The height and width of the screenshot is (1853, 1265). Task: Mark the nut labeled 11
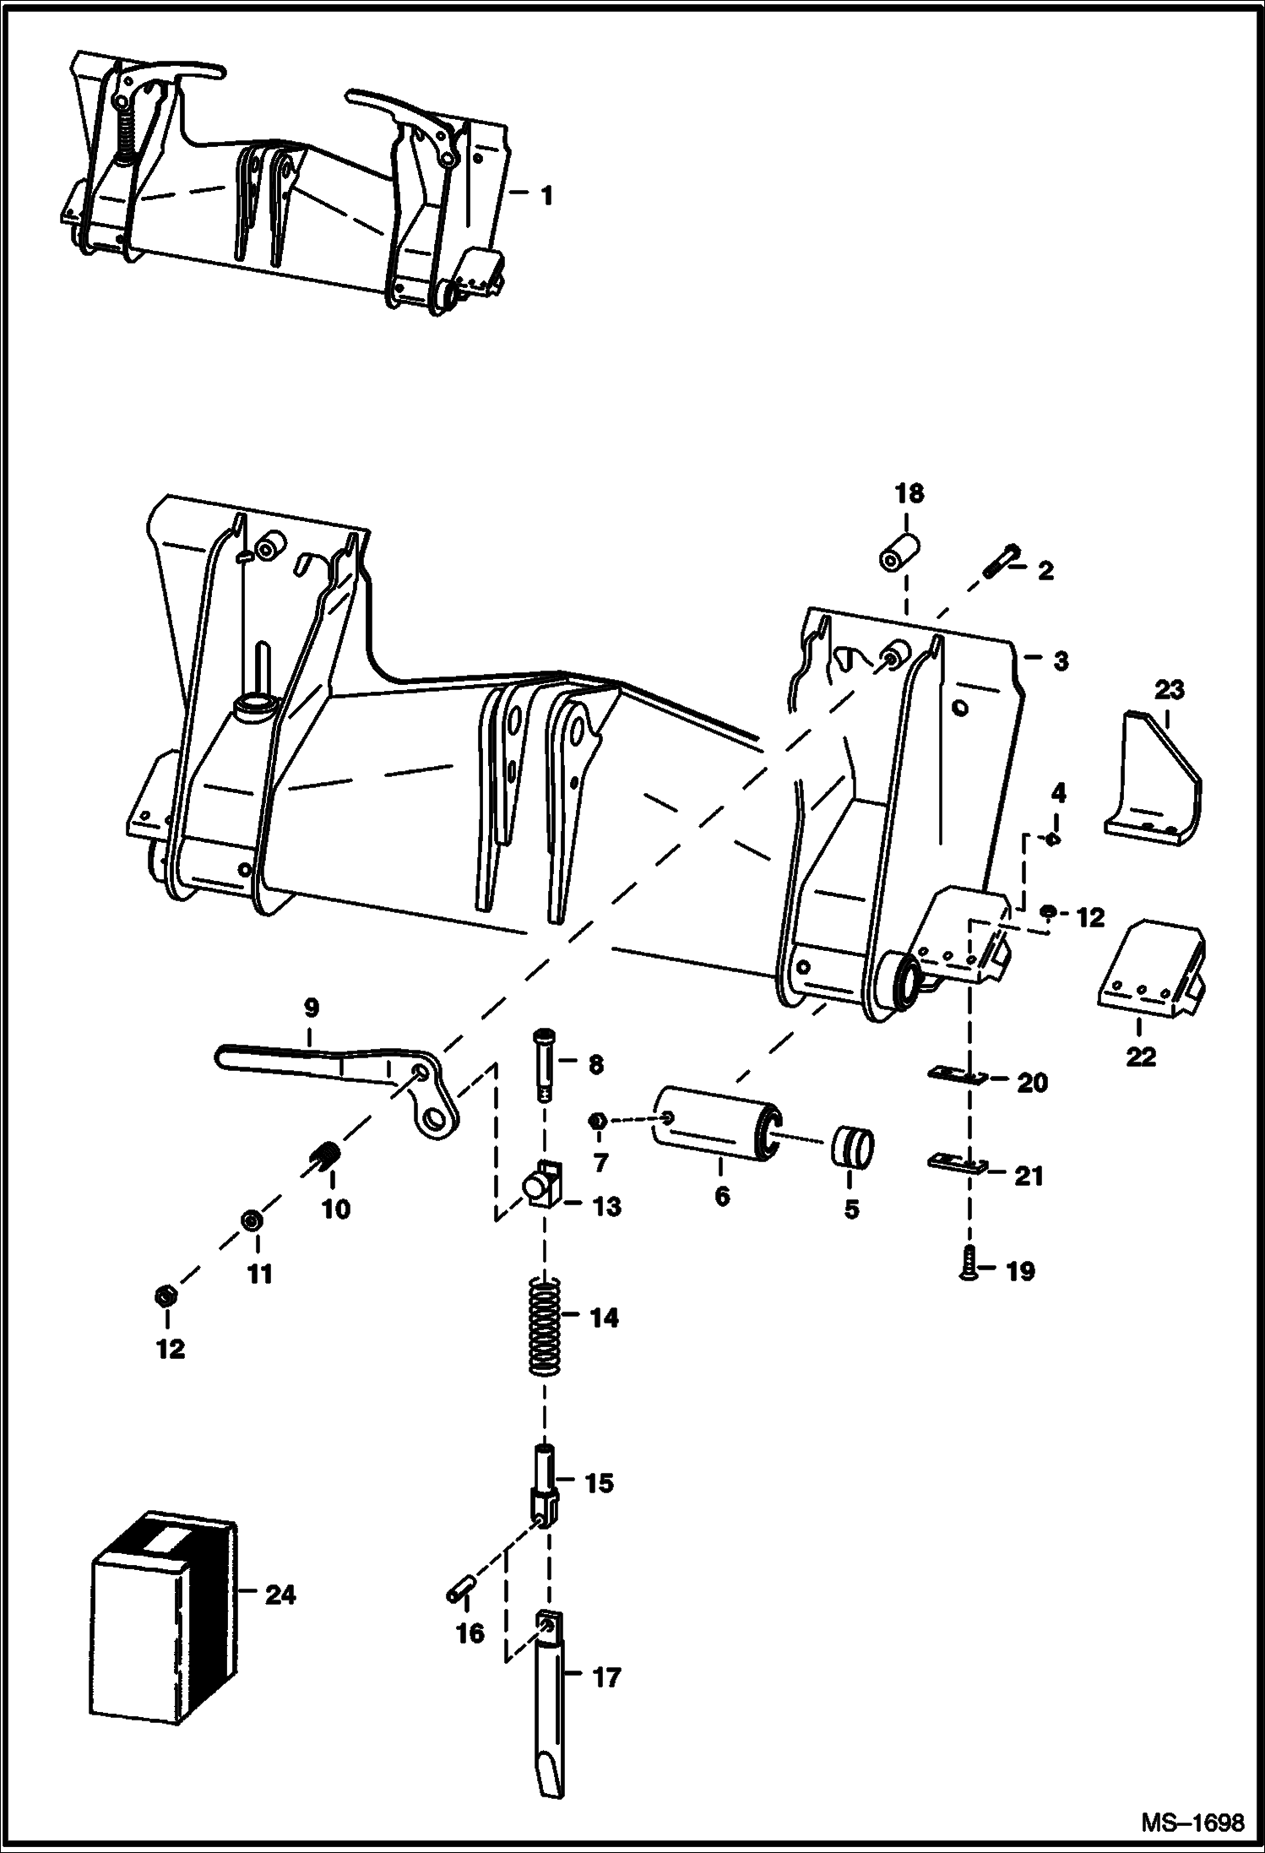[250, 1222]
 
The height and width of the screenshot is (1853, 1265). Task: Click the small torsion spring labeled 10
[325, 1158]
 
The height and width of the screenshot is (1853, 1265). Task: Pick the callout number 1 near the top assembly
[546, 196]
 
